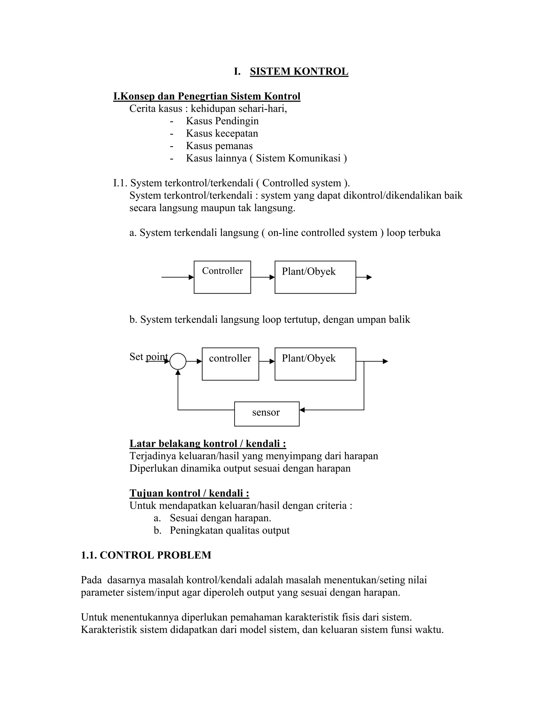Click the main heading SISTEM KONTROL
(299, 71)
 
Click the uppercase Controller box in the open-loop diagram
(222, 277)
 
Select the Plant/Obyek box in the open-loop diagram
(315, 277)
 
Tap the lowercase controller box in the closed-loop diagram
(230, 364)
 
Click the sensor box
(266, 414)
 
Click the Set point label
(149, 357)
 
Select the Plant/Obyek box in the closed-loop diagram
(315, 364)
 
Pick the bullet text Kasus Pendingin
(222, 121)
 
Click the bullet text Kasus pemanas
(219, 146)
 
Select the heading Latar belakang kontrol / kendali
(208, 443)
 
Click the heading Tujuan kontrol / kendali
(189, 493)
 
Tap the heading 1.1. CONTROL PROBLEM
(146, 555)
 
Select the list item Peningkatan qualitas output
(229, 530)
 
